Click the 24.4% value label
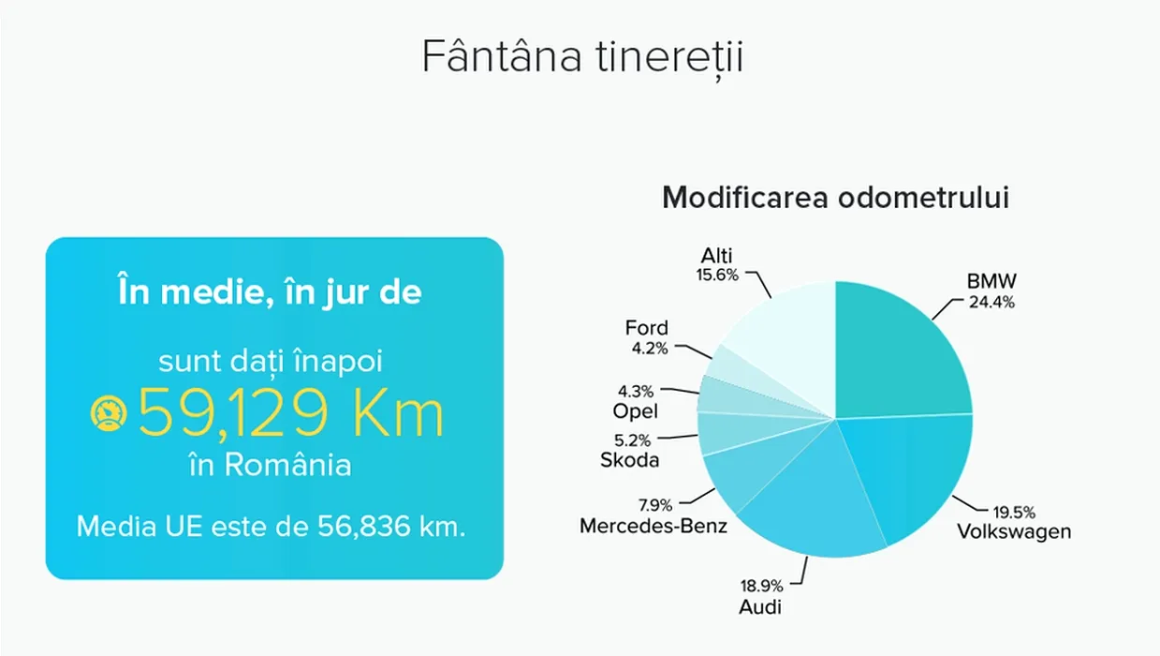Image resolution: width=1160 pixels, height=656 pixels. (x=991, y=302)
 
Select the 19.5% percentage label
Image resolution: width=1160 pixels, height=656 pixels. (x=1014, y=513)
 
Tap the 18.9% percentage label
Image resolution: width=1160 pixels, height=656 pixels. (x=761, y=586)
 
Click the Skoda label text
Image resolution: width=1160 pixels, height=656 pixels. (x=630, y=460)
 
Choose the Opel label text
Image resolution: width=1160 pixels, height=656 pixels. (x=635, y=411)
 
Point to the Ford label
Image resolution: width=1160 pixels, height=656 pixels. (x=647, y=328)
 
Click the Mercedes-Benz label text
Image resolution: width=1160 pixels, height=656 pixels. (x=653, y=526)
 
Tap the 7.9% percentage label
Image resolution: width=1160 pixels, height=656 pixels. (x=655, y=505)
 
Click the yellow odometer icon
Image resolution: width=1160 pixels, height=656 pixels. (x=109, y=413)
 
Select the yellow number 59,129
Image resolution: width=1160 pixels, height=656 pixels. (x=233, y=414)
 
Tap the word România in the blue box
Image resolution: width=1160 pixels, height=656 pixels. (x=288, y=464)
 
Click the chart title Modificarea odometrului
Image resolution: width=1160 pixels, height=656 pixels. (x=835, y=198)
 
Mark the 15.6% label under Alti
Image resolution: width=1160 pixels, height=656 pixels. (x=717, y=275)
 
